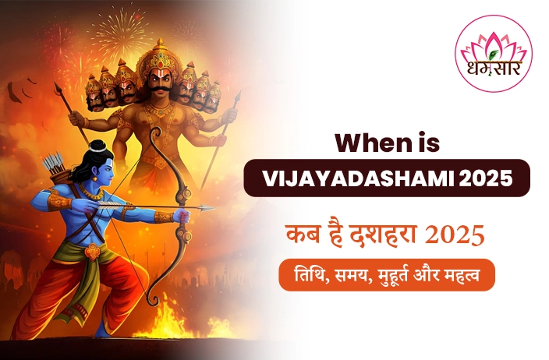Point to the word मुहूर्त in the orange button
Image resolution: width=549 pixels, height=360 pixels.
pos(394,276)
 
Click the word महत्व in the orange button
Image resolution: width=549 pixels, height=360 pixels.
pos(462,275)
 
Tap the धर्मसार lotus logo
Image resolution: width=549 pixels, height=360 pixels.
pos(494,54)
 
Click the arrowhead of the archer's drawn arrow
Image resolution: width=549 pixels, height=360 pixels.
pos(207,208)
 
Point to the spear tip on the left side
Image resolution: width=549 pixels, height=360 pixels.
pos(58,88)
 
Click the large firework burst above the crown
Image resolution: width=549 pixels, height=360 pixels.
pos(120,30)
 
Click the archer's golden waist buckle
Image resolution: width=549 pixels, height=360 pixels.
pos(93,251)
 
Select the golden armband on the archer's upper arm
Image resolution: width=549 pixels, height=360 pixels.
pos(58,202)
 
